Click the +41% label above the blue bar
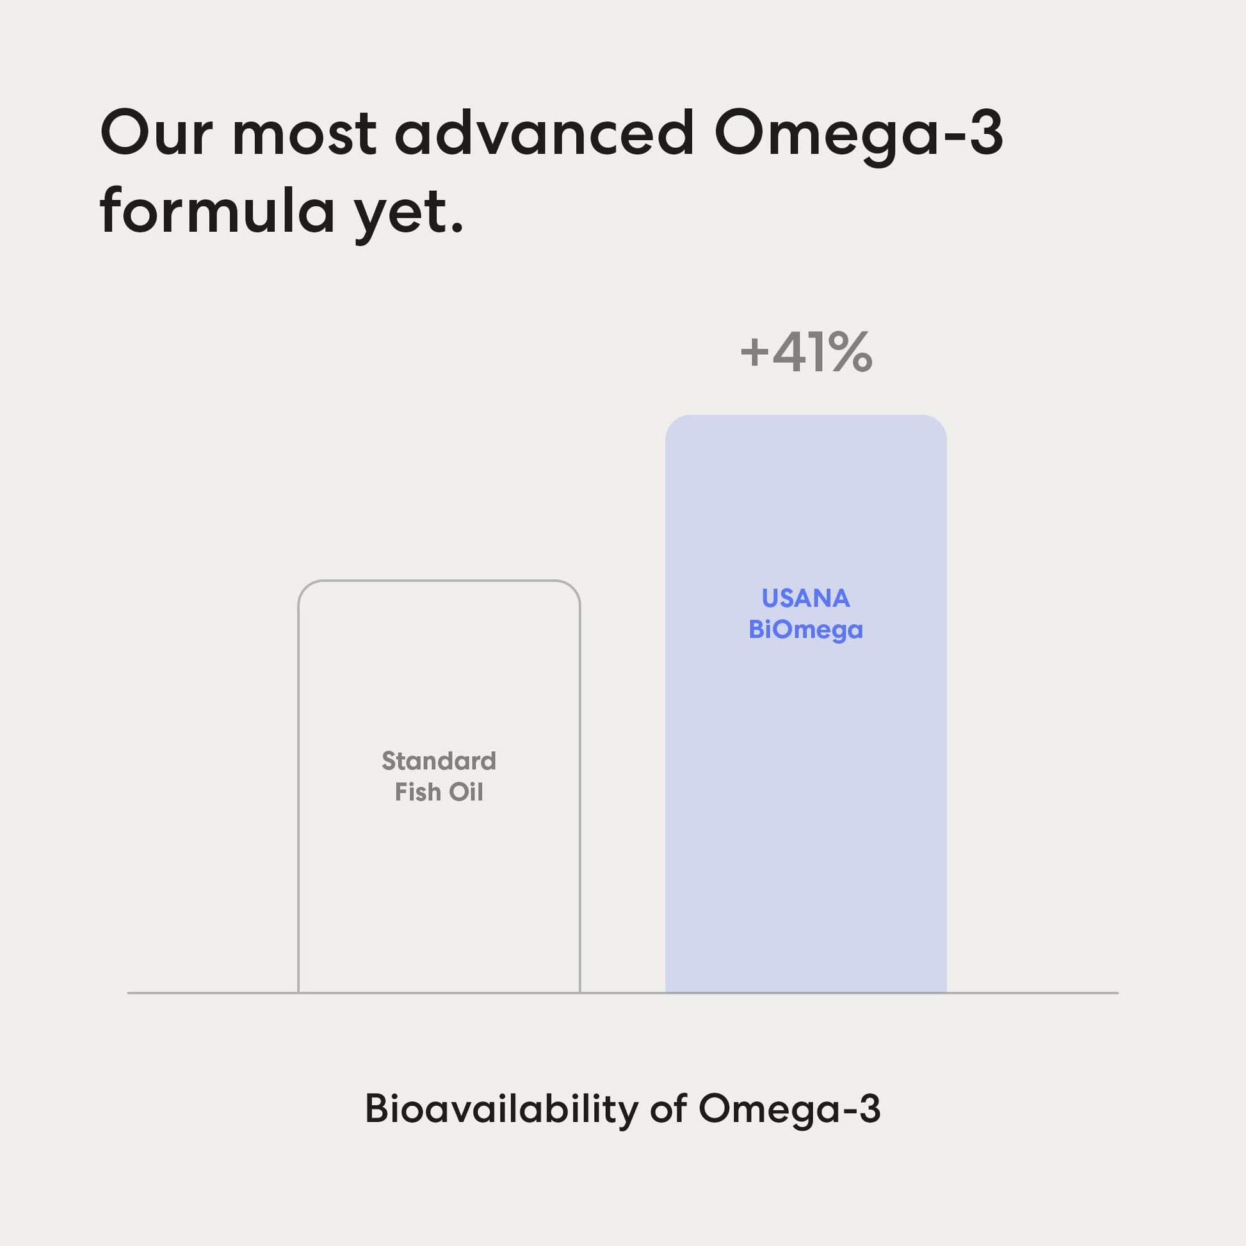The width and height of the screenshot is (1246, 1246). (806, 352)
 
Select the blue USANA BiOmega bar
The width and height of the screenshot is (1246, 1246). (806, 704)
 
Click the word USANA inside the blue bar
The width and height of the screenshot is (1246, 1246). (806, 599)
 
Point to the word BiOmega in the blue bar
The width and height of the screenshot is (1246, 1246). (806, 630)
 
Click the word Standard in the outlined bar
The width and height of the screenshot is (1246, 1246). (439, 761)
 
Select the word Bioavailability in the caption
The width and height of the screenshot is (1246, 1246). (502, 1110)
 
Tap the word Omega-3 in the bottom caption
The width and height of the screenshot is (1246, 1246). (789, 1110)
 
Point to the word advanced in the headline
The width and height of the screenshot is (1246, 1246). (544, 133)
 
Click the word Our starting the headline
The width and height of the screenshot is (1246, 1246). (157, 133)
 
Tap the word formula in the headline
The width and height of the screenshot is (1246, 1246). (217, 209)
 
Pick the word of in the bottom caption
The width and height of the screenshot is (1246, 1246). (667, 1110)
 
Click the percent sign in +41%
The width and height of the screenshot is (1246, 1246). (851, 352)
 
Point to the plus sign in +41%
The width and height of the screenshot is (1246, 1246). (754, 353)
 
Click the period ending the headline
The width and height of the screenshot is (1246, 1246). (457, 229)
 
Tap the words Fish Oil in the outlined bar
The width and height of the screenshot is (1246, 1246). (439, 792)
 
